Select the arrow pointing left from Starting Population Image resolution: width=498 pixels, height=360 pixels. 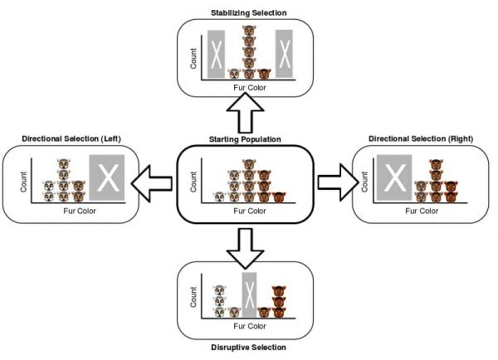(154, 182)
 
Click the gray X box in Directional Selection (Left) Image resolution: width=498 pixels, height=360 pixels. (106, 178)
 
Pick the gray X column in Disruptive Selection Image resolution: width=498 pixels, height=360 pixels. (249, 295)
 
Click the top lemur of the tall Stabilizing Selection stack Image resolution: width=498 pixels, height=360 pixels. (247, 34)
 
